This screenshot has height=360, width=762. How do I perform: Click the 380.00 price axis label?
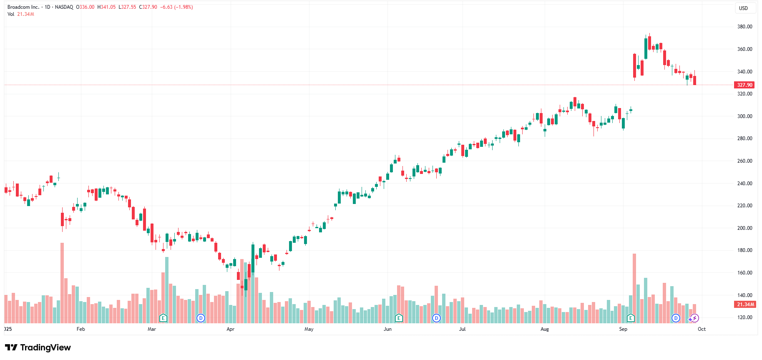tap(744, 27)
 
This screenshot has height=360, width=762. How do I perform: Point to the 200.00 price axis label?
tap(744, 228)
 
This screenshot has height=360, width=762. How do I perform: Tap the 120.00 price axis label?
tap(744, 317)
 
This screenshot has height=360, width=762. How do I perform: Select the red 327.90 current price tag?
tap(744, 85)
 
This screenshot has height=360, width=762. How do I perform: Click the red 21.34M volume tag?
tap(745, 305)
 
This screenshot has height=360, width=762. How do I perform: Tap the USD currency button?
tap(743, 8)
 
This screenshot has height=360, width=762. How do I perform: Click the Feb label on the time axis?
tap(81, 329)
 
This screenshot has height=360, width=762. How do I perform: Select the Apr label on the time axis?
tap(230, 329)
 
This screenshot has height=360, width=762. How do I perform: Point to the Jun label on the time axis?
tap(387, 329)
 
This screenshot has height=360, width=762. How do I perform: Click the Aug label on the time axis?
tap(545, 329)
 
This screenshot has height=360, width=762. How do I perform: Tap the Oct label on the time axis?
tap(702, 329)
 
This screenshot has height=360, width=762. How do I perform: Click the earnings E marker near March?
tap(163, 318)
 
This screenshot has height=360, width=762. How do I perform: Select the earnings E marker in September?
tap(631, 318)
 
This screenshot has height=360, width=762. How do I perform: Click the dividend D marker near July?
tap(436, 318)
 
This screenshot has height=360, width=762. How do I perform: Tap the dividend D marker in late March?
tap(201, 318)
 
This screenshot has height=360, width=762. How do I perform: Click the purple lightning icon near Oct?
tap(694, 318)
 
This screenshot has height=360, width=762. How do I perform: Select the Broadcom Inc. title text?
tap(23, 7)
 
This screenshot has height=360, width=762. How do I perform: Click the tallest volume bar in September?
tap(634, 288)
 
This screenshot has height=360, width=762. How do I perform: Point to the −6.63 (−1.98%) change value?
tap(176, 7)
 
